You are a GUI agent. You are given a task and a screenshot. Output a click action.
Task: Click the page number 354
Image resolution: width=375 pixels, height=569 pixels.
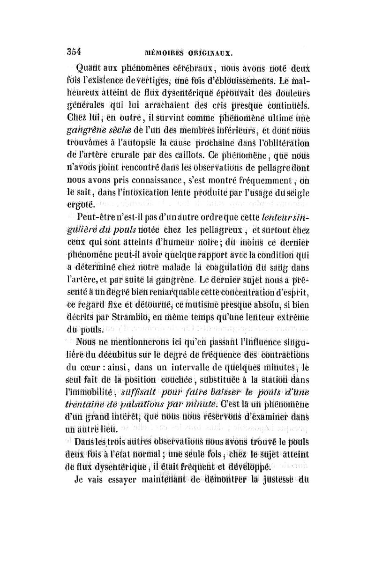point(73,53)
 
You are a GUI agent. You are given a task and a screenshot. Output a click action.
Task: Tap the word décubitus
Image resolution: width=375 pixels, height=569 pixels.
point(113,355)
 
